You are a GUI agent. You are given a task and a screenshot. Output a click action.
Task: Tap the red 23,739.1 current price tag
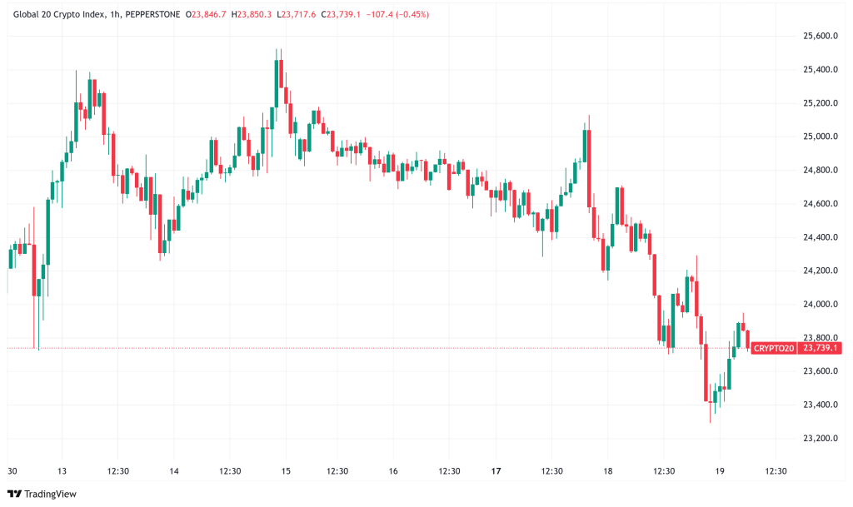(819, 348)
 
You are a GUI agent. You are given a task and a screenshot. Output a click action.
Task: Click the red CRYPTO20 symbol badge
(774, 348)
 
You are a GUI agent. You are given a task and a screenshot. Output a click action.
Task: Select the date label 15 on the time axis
(285, 471)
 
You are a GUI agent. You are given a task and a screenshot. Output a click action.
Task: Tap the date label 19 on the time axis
(721, 471)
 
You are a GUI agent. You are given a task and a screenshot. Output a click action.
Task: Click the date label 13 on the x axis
(63, 471)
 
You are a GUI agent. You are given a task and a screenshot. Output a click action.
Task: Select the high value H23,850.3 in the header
(253, 14)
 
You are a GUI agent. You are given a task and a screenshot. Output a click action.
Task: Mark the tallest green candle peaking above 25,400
(275, 83)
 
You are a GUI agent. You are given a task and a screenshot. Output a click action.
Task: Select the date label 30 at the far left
(12, 471)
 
